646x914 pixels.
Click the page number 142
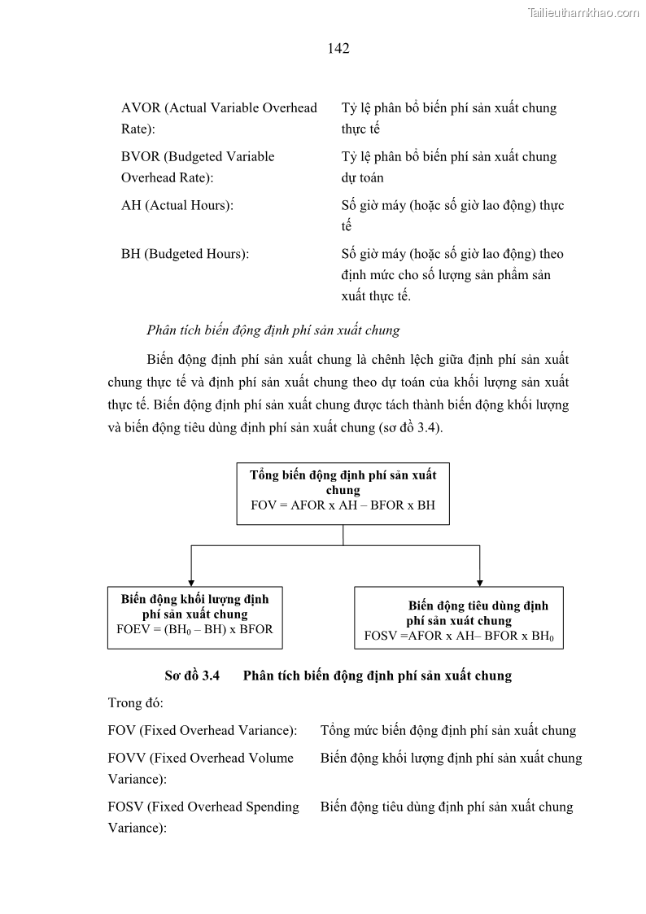[338, 49]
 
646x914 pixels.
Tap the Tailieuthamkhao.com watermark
[583, 12]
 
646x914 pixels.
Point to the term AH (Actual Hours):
[177, 206]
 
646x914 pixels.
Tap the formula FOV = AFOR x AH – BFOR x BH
[343, 505]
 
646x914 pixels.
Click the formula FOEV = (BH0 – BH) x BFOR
[194, 629]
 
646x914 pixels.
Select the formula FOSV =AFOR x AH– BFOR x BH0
[459, 636]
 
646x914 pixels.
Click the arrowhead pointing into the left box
[191, 581]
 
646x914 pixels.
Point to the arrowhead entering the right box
[479, 581]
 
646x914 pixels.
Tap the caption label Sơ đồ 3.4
[192, 676]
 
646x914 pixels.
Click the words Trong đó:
[135, 702]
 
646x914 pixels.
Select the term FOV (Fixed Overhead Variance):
[202, 731]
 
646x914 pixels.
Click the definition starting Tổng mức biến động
[447, 731]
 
